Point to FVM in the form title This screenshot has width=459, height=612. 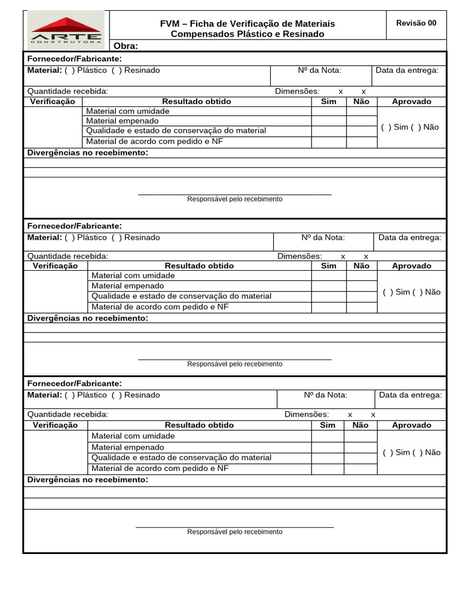[x=170, y=23]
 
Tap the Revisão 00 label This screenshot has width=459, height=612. [x=416, y=23]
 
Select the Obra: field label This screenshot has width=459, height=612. [x=126, y=46]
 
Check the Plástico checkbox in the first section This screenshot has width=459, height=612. [x=70, y=71]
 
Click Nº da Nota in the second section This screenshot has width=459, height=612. [x=323, y=238]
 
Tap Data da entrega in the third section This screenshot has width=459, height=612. [x=411, y=395]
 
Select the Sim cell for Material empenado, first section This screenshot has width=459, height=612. [x=329, y=121]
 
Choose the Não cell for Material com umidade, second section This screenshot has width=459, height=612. [x=362, y=276]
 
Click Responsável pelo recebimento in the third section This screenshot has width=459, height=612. [x=234, y=532]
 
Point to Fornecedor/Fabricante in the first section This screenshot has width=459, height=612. [x=75, y=59]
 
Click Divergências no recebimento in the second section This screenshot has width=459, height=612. [x=88, y=319]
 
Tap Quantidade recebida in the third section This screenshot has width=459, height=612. [x=68, y=415]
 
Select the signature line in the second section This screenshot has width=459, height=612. [x=234, y=359]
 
